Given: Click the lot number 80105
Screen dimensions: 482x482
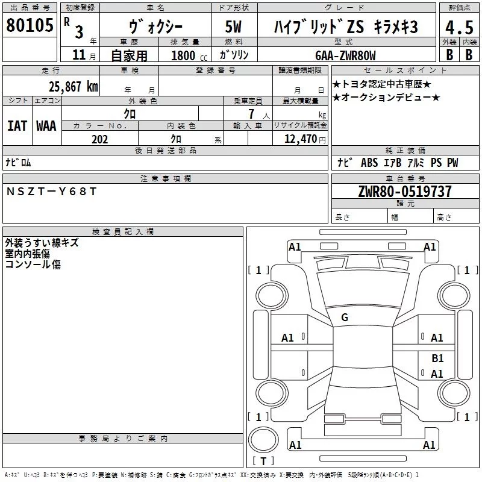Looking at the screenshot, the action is click(x=30, y=25).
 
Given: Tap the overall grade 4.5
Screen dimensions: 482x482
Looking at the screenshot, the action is click(x=459, y=27).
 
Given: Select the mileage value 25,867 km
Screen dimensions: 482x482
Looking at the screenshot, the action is click(x=74, y=87).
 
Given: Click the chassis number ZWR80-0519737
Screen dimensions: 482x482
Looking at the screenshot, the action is click(x=405, y=192).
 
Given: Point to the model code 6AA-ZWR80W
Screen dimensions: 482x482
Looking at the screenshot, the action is click(x=345, y=55).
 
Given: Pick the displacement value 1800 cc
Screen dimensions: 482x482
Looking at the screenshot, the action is click(x=189, y=55).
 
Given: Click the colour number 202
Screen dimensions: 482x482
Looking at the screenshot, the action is click(x=100, y=139).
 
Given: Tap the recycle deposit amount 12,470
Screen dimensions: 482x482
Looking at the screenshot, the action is click(x=301, y=139).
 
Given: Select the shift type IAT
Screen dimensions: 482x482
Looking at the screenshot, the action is click(x=17, y=126).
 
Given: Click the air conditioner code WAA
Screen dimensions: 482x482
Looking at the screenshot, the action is click(x=46, y=126).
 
